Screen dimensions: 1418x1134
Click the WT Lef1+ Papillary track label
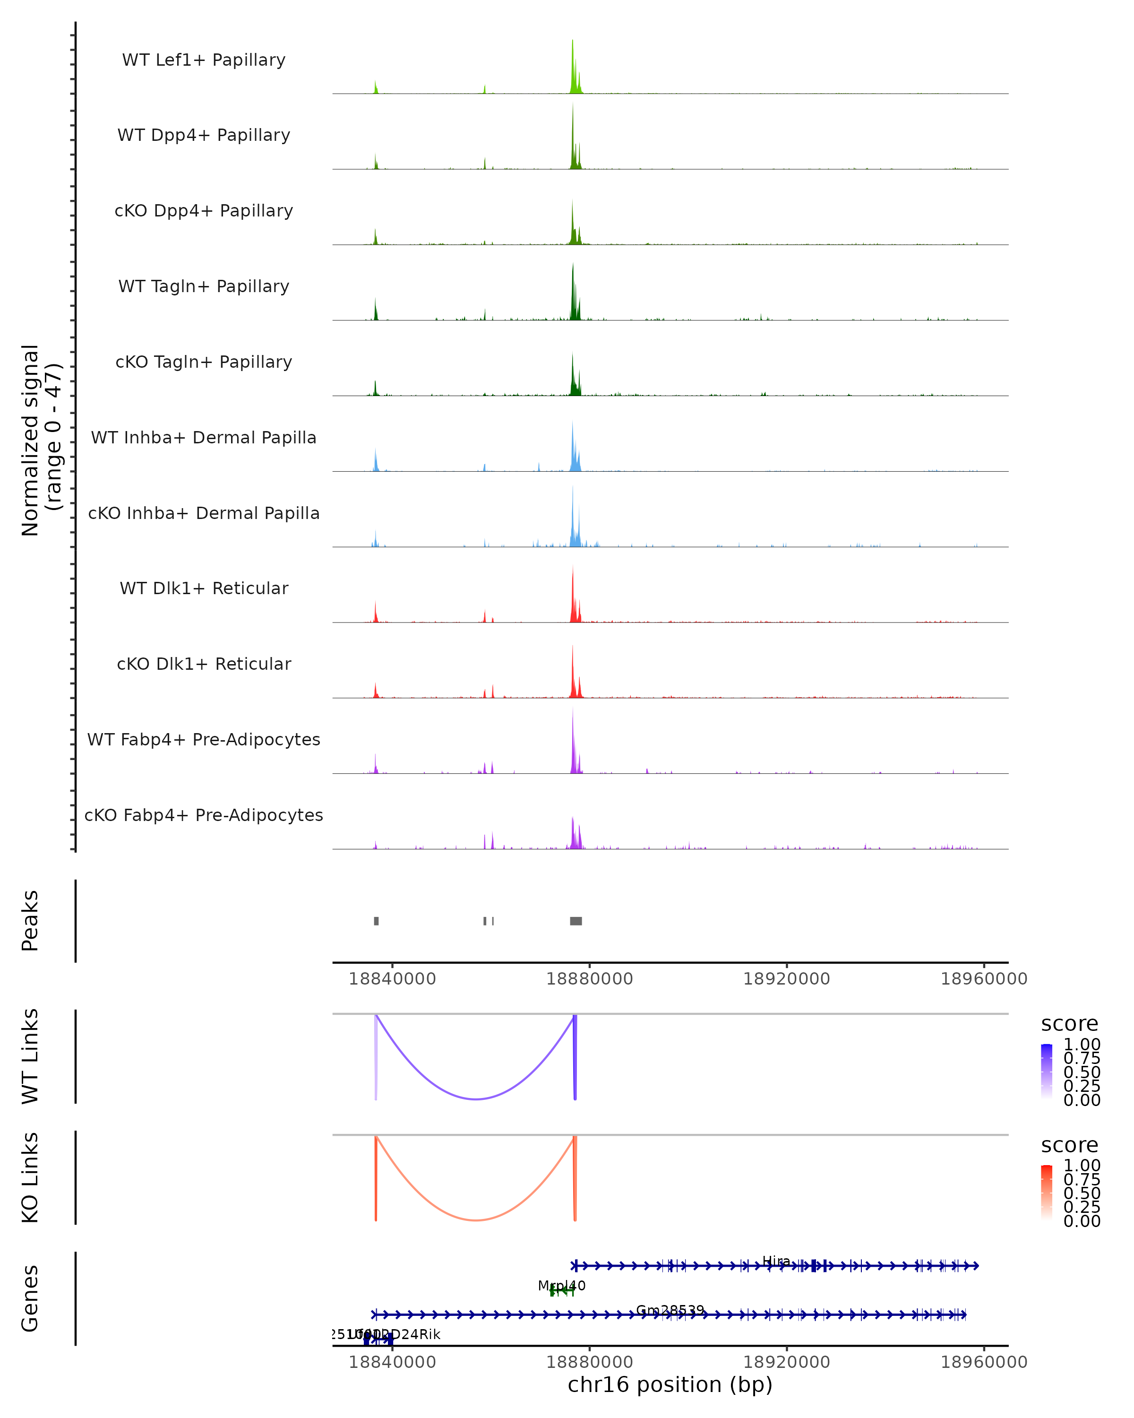point(204,60)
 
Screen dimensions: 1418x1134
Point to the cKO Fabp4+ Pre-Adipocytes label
point(204,815)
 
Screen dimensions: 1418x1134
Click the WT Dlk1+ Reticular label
point(204,588)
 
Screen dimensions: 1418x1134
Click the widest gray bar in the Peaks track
point(576,921)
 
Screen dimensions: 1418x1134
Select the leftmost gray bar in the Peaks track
point(376,921)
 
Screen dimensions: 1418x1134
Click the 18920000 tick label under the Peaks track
point(786,979)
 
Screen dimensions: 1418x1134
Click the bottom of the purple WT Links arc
point(476,1099)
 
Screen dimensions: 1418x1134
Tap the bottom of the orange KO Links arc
point(476,1220)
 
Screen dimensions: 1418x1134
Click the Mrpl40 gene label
point(561,1286)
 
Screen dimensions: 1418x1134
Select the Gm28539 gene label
point(670,1311)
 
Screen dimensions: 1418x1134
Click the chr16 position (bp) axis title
point(670,1385)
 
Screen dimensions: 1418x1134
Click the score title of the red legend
point(1070,1145)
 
